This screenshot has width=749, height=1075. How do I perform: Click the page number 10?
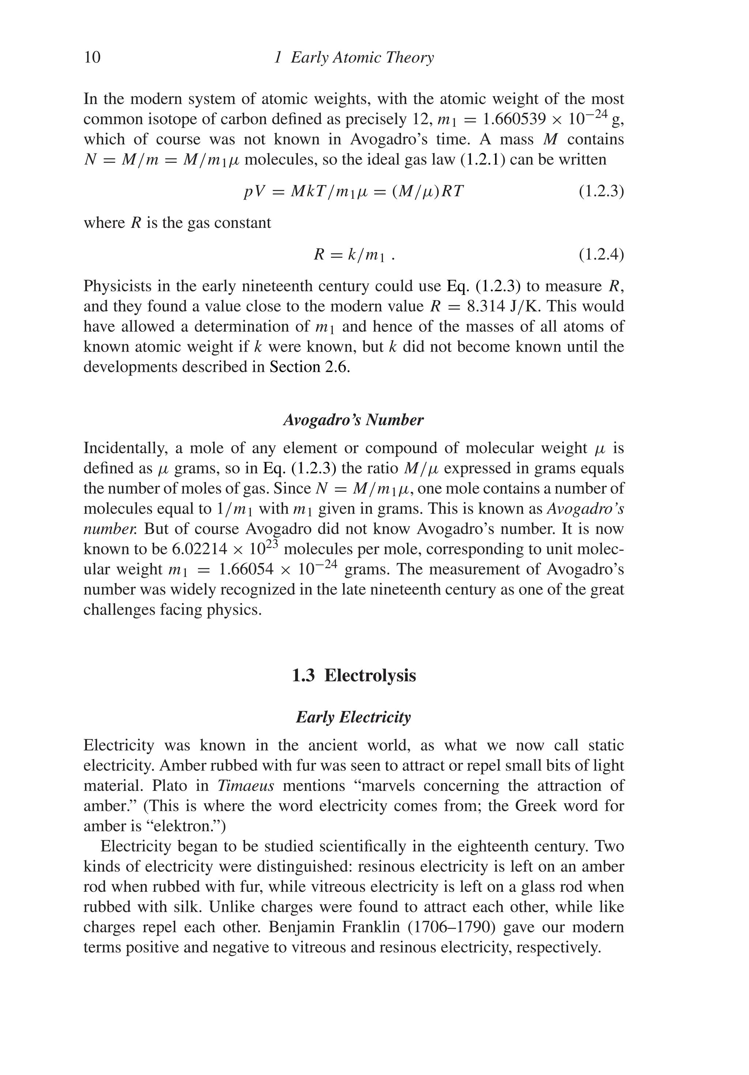coord(92,58)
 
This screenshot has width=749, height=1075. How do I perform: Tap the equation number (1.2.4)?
coord(601,255)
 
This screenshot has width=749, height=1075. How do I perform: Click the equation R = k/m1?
coord(355,255)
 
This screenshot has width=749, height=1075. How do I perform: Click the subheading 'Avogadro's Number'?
coord(353,420)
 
